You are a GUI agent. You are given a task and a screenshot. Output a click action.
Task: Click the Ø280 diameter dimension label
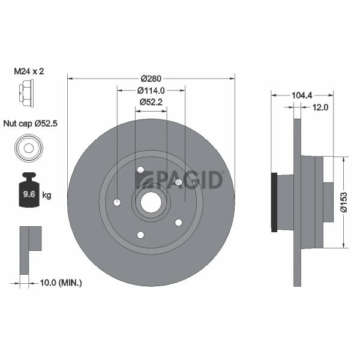click(151, 79)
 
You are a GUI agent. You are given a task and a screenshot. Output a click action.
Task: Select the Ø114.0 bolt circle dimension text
click(151, 91)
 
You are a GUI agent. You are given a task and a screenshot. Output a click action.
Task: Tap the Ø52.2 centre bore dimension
click(151, 102)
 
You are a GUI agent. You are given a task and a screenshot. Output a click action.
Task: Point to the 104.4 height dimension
click(302, 95)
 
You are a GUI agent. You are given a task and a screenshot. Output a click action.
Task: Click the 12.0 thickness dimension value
click(320, 107)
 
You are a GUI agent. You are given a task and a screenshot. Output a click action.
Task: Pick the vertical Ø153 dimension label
click(344, 202)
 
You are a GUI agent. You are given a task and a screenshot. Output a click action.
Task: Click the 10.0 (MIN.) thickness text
click(61, 283)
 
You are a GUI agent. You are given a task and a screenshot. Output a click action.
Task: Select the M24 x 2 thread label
click(29, 71)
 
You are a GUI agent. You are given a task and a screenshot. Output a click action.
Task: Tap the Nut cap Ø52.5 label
click(31, 124)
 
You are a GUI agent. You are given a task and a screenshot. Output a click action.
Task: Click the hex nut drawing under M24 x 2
click(26, 93)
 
